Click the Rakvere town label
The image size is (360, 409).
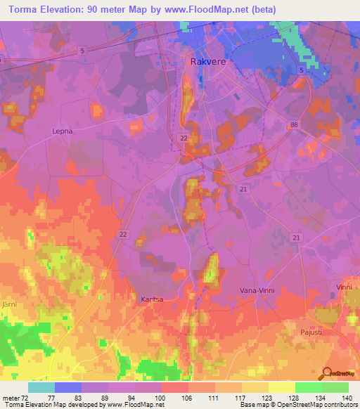(x=207, y=62)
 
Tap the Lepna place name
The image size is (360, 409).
(x=63, y=131)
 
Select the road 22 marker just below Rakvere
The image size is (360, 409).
(x=183, y=138)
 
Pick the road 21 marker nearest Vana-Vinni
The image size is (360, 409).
(x=297, y=240)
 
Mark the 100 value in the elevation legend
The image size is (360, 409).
(x=161, y=397)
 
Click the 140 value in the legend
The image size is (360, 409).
(x=347, y=397)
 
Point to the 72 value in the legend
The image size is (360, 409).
(x=26, y=397)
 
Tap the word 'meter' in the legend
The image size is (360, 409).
(x=11, y=397)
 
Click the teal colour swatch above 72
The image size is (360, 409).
(x=41, y=387)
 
